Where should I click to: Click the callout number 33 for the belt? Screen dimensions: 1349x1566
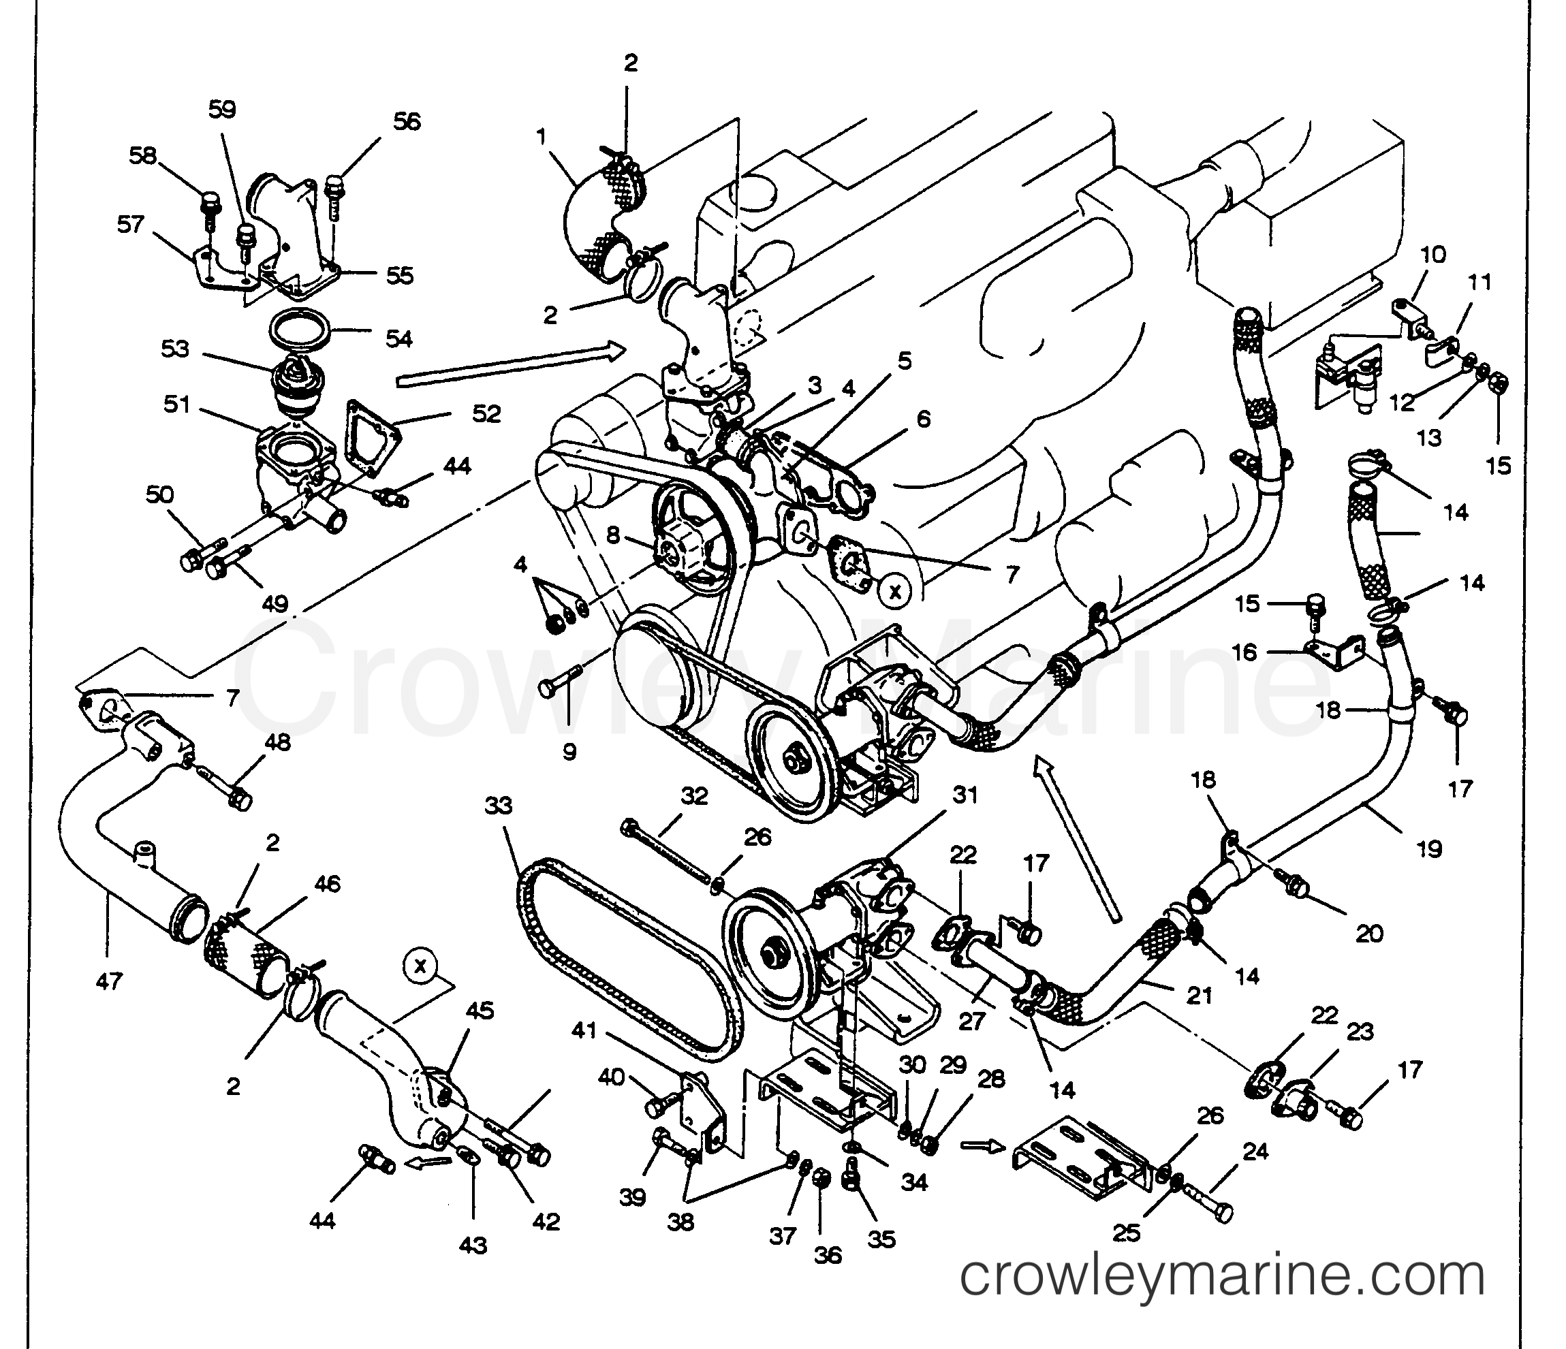coord(499,806)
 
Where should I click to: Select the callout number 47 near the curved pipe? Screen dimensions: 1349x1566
coord(109,982)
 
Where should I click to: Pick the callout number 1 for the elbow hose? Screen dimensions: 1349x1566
coord(541,137)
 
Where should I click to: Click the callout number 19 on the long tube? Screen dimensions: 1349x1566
coord(1428,848)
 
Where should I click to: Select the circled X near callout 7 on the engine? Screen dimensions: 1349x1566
coord(896,591)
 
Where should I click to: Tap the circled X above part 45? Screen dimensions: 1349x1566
coord(421,965)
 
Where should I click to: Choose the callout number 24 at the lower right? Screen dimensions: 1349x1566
coord(1255,1152)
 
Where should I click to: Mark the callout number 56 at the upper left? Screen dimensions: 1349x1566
coord(407,121)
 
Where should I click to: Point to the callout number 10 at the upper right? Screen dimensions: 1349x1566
coord(1433,254)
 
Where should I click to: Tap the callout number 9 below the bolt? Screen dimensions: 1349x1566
coord(569,751)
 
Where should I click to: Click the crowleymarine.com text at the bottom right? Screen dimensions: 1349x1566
coord(1222,1276)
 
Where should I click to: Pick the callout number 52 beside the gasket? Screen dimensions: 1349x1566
coord(487,413)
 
